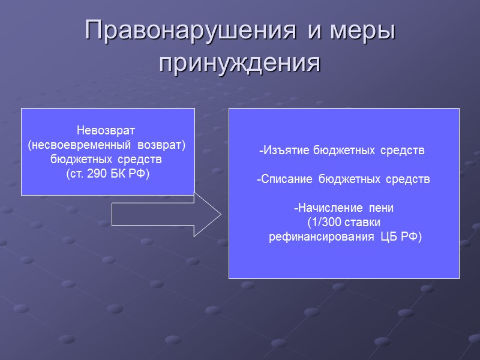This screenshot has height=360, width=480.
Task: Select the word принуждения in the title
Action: click(x=240, y=61)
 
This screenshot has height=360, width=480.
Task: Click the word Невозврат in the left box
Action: click(x=107, y=130)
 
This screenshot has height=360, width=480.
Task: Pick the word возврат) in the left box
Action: click(x=163, y=145)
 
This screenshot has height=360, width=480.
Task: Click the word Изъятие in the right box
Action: click(x=284, y=151)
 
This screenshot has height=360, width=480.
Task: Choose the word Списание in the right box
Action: click(x=286, y=179)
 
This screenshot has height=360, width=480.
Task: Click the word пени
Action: click(x=382, y=208)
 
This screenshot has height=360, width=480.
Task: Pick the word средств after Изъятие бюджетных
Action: click(x=403, y=151)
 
